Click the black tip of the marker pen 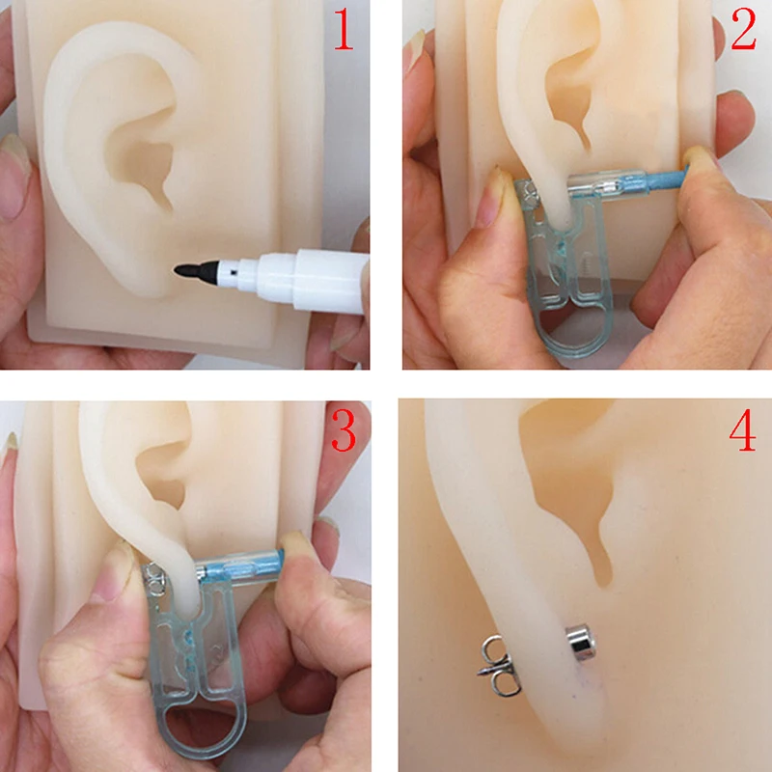coord(186,272)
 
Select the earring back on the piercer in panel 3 coord(154,579)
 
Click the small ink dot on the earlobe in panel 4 coord(583,679)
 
